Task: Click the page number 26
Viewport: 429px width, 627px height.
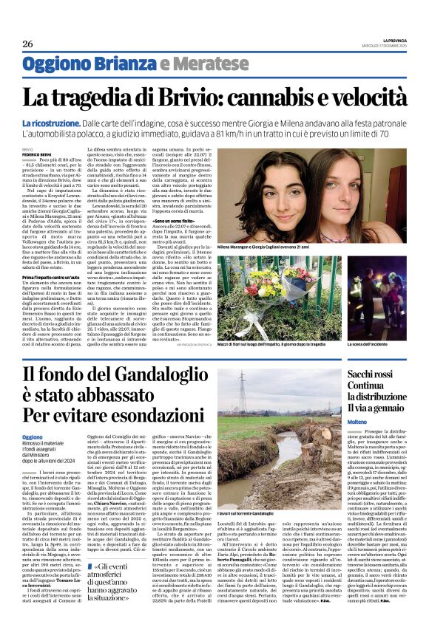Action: (27, 44)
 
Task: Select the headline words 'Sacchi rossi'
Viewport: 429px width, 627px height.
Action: (374, 375)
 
